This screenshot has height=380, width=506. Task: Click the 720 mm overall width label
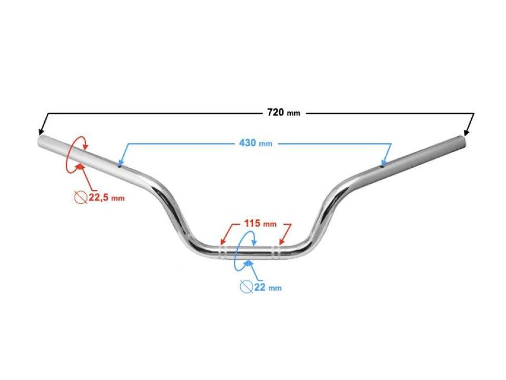coord(284,112)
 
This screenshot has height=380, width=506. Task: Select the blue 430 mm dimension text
coord(256,143)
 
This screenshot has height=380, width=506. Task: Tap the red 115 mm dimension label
coord(260,223)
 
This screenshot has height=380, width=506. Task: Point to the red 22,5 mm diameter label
coord(106,197)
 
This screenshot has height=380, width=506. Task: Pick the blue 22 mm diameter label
coord(268,287)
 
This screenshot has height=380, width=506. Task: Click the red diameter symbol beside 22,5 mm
coord(81,197)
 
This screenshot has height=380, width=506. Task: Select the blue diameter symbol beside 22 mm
coord(246,287)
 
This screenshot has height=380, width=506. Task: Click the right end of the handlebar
coord(463,141)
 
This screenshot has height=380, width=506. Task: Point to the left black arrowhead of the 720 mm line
coord(41,131)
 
